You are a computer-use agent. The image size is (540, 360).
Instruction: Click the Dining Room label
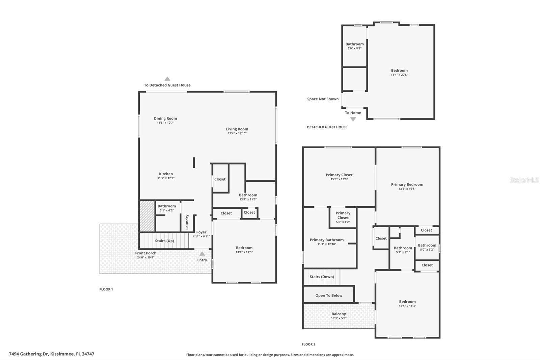coord(165,119)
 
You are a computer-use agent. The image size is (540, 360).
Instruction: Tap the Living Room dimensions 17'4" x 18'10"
coord(237,133)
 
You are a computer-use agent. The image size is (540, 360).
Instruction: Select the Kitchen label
coord(166,174)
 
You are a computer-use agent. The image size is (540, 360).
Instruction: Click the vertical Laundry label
coord(187,222)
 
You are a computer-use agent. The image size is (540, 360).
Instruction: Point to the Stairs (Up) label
coord(164,241)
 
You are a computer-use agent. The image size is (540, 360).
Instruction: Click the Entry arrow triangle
coord(202,254)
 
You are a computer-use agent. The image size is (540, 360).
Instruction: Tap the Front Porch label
coord(145,253)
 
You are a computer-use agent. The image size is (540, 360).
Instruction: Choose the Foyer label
coord(201,232)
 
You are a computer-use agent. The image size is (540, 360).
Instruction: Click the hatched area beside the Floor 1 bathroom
coord(147,216)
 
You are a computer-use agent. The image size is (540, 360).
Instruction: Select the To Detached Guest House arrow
coord(167,79)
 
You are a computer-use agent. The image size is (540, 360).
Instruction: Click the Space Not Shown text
coord(323,99)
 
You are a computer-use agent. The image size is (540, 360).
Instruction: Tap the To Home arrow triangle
coord(353,119)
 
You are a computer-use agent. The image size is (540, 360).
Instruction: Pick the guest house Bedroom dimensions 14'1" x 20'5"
coord(399,75)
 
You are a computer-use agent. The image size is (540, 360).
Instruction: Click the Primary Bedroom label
coord(407,184)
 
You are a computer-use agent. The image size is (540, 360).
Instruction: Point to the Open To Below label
coord(329,295)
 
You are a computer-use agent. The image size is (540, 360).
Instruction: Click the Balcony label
coord(339,314)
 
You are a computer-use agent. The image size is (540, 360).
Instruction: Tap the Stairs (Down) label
coord(322,277)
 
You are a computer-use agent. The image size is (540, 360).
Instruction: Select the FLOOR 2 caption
coord(308,344)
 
